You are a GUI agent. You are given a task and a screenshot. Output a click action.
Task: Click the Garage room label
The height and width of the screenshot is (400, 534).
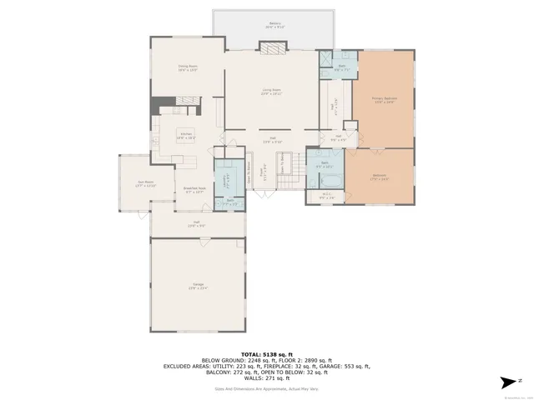pyautogui.click(x=199, y=287)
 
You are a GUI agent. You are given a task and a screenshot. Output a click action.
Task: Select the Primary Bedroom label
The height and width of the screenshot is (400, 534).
pyautogui.click(x=383, y=100)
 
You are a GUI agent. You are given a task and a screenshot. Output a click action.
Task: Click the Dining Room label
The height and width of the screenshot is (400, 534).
pyautogui.click(x=187, y=67)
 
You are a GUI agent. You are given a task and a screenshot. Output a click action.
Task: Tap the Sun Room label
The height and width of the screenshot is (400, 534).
pyautogui.click(x=146, y=183)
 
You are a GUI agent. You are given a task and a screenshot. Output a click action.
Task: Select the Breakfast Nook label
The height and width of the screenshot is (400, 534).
pyautogui.click(x=194, y=189)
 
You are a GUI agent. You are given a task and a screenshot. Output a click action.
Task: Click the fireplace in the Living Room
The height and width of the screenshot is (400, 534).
pyautogui.click(x=271, y=48)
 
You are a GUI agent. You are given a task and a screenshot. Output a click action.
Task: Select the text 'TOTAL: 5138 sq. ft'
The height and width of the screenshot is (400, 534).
pyautogui.click(x=266, y=353)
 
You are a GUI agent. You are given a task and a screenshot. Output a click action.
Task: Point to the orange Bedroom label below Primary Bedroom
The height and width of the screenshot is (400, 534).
pyautogui.click(x=379, y=177)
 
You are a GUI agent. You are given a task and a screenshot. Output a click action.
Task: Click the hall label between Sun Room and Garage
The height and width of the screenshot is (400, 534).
pyautogui.click(x=196, y=223)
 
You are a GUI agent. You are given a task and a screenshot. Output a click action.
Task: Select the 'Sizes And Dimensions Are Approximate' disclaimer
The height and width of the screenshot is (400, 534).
pyautogui.click(x=266, y=388)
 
